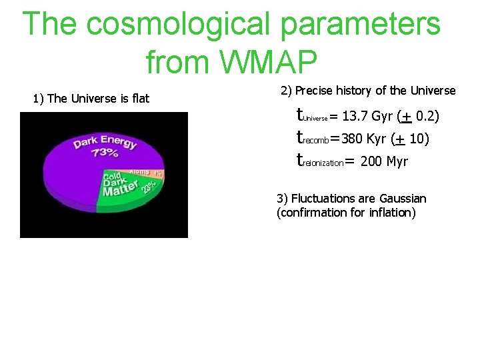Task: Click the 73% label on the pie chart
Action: coord(105,153)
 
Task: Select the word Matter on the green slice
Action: coord(119,190)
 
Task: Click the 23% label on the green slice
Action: coord(148,187)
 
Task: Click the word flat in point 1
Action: coord(141,99)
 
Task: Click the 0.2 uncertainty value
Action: coord(425,117)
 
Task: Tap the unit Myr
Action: coord(397,161)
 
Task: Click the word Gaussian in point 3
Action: coord(403,199)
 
